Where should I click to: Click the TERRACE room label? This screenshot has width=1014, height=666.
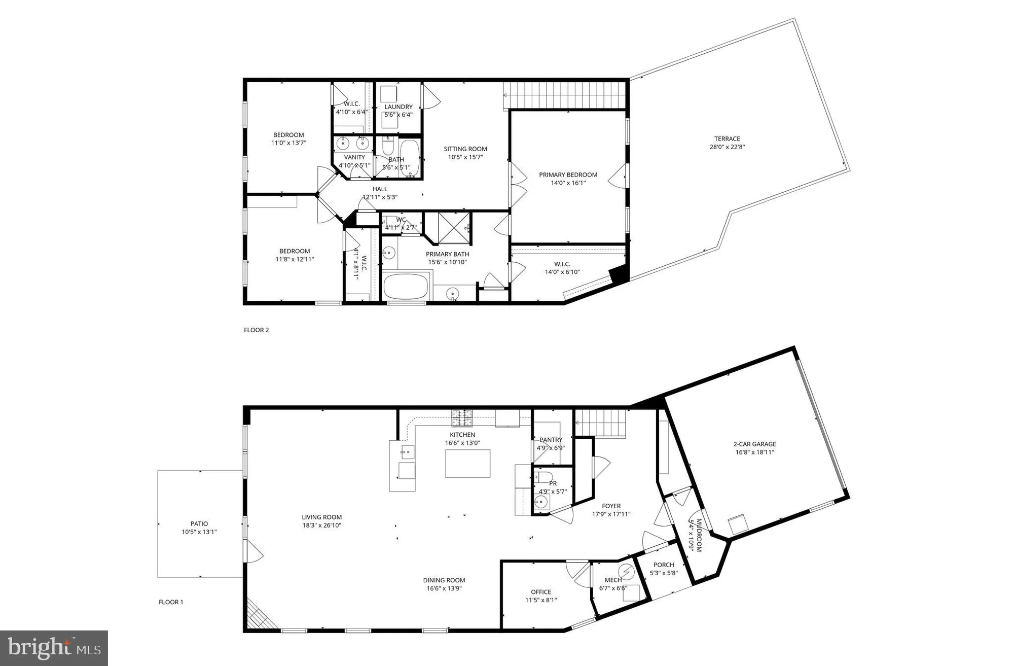727,138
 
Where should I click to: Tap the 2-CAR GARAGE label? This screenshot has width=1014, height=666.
754,444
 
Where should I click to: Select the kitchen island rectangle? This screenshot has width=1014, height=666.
467,464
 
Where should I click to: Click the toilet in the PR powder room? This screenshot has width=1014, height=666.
544,476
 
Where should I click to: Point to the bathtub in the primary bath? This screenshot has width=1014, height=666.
407,287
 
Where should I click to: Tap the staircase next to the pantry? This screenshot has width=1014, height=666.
600,423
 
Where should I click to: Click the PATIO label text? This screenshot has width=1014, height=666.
199,523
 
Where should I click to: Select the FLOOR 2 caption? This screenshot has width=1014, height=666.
256,330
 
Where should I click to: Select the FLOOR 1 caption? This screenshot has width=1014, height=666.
171,602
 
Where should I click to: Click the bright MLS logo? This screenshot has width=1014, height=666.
54,648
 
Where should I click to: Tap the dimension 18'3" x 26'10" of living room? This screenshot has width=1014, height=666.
322,525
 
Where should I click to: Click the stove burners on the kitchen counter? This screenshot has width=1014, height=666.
462,417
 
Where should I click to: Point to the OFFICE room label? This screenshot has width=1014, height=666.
541,592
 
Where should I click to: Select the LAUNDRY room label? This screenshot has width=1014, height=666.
398,107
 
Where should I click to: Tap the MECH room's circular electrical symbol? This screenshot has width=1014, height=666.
627,572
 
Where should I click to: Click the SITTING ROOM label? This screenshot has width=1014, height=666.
465,149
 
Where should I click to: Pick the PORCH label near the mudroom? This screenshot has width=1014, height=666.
664,565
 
